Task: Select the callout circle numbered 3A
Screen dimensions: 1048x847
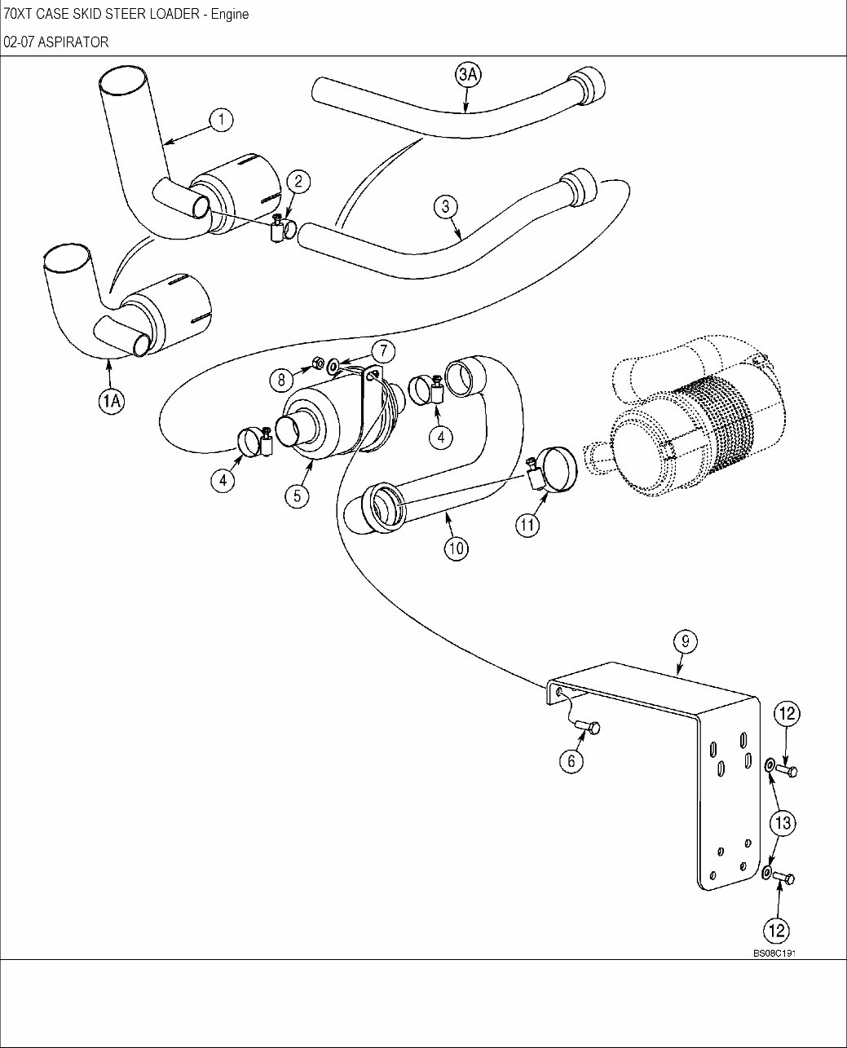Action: tap(468, 75)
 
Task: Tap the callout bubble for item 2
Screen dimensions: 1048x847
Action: tap(298, 181)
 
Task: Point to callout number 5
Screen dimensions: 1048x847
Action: tap(297, 495)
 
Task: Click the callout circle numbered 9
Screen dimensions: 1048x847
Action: tap(685, 641)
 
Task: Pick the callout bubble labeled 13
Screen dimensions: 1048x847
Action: tap(783, 823)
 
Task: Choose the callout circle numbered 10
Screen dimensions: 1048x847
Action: tap(456, 548)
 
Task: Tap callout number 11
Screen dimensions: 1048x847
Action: tap(527, 525)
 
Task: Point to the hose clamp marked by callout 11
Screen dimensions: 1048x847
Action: tap(552, 468)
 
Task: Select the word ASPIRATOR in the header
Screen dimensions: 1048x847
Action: tap(73, 42)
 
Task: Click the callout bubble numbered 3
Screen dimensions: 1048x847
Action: tap(445, 206)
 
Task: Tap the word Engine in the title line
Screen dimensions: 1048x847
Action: tap(230, 14)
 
